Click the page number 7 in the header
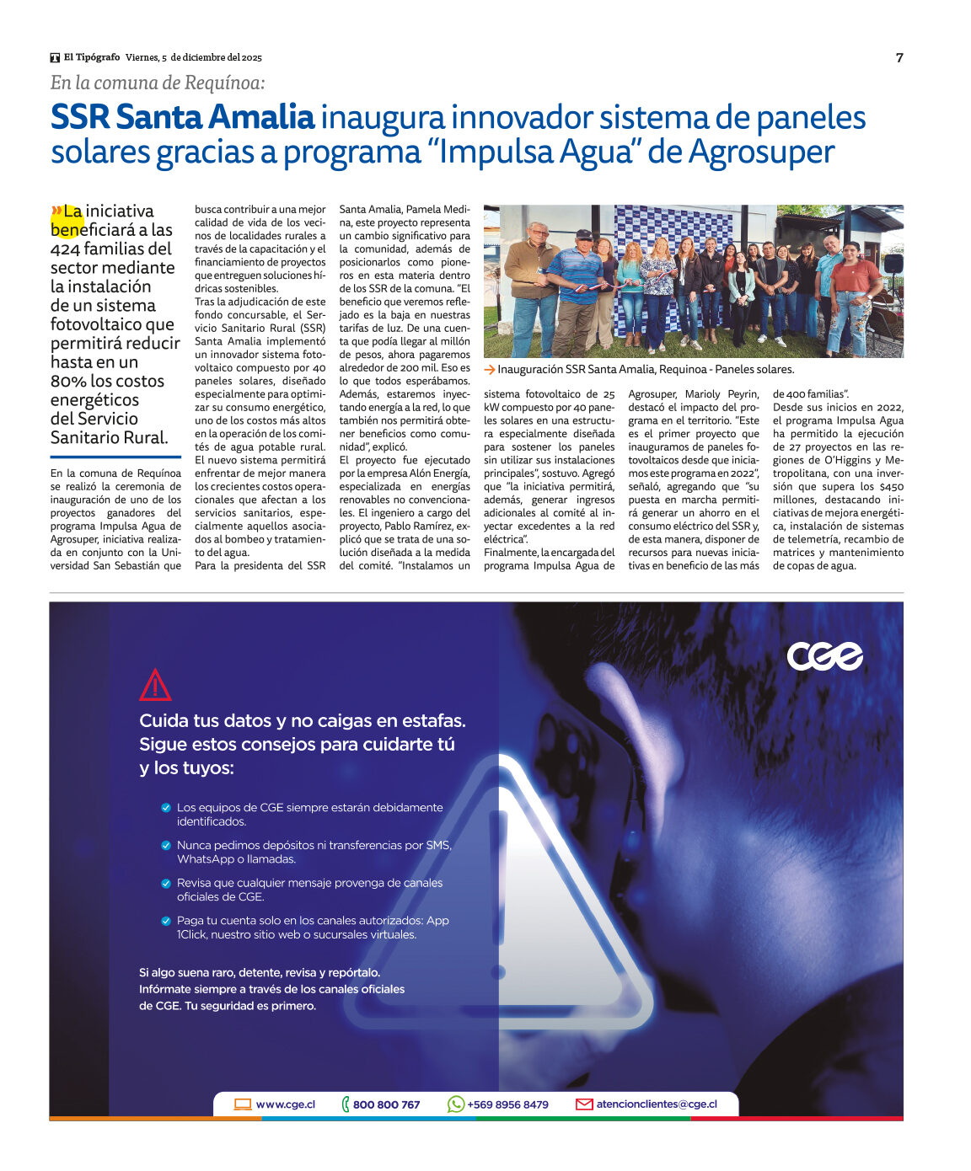[899, 57]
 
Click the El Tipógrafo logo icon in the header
[55, 57]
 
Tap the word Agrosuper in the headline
[761, 152]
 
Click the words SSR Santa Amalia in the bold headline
[182, 117]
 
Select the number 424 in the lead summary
[65, 249]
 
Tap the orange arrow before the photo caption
[489, 369]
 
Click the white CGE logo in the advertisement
[824, 656]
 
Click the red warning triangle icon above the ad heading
[155, 686]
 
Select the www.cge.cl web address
[286, 1104]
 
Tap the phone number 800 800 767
[386, 1104]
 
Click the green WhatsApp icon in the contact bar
[456, 1104]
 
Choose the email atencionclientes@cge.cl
[657, 1104]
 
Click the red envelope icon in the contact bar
[584, 1104]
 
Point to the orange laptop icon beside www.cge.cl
[243, 1104]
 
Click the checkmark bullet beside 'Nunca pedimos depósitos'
[166, 845]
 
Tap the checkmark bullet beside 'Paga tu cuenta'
[166, 921]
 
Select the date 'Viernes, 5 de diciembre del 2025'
[194, 57]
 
